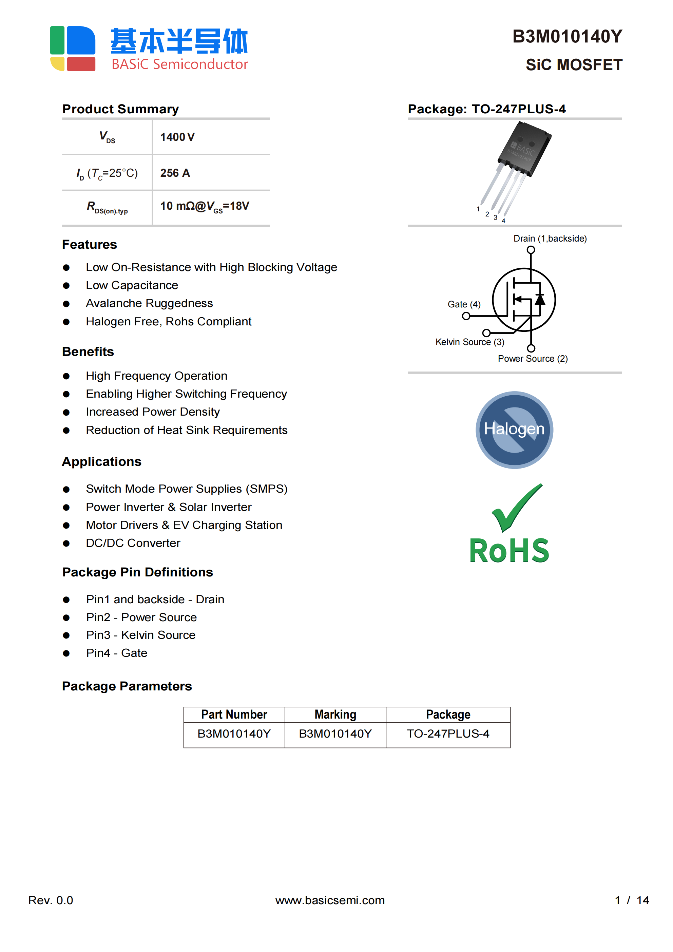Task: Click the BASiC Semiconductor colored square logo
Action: point(73,49)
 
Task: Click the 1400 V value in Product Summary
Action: point(177,137)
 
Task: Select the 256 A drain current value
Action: point(175,173)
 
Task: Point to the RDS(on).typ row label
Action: point(107,207)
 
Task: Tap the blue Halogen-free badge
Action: point(514,430)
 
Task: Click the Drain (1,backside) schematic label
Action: point(550,239)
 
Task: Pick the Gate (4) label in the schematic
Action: point(464,304)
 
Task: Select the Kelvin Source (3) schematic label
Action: point(470,342)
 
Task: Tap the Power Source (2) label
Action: point(533,359)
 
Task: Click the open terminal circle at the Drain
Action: point(531,250)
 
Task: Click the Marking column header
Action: point(335,715)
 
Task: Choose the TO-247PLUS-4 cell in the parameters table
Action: point(448,734)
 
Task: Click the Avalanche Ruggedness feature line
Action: point(149,304)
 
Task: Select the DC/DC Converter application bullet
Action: point(133,543)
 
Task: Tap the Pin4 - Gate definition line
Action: point(117,653)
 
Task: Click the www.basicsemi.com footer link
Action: point(330,900)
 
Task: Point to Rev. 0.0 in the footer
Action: point(51,900)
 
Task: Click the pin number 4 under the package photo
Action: point(503,221)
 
